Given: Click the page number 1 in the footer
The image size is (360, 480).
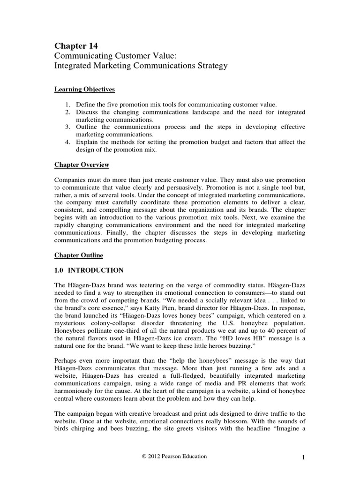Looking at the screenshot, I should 303,457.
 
